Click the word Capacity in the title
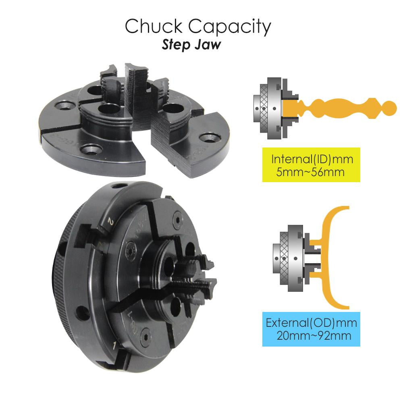click(x=230, y=27)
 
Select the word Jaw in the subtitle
click(x=208, y=44)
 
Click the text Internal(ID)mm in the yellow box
click(x=312, y=159)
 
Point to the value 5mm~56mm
click(x=310, y=172)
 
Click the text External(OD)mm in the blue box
click(x=311, y=323)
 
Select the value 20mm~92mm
click(x=314, y=336)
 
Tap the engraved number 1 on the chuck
click(x=114, y=346)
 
